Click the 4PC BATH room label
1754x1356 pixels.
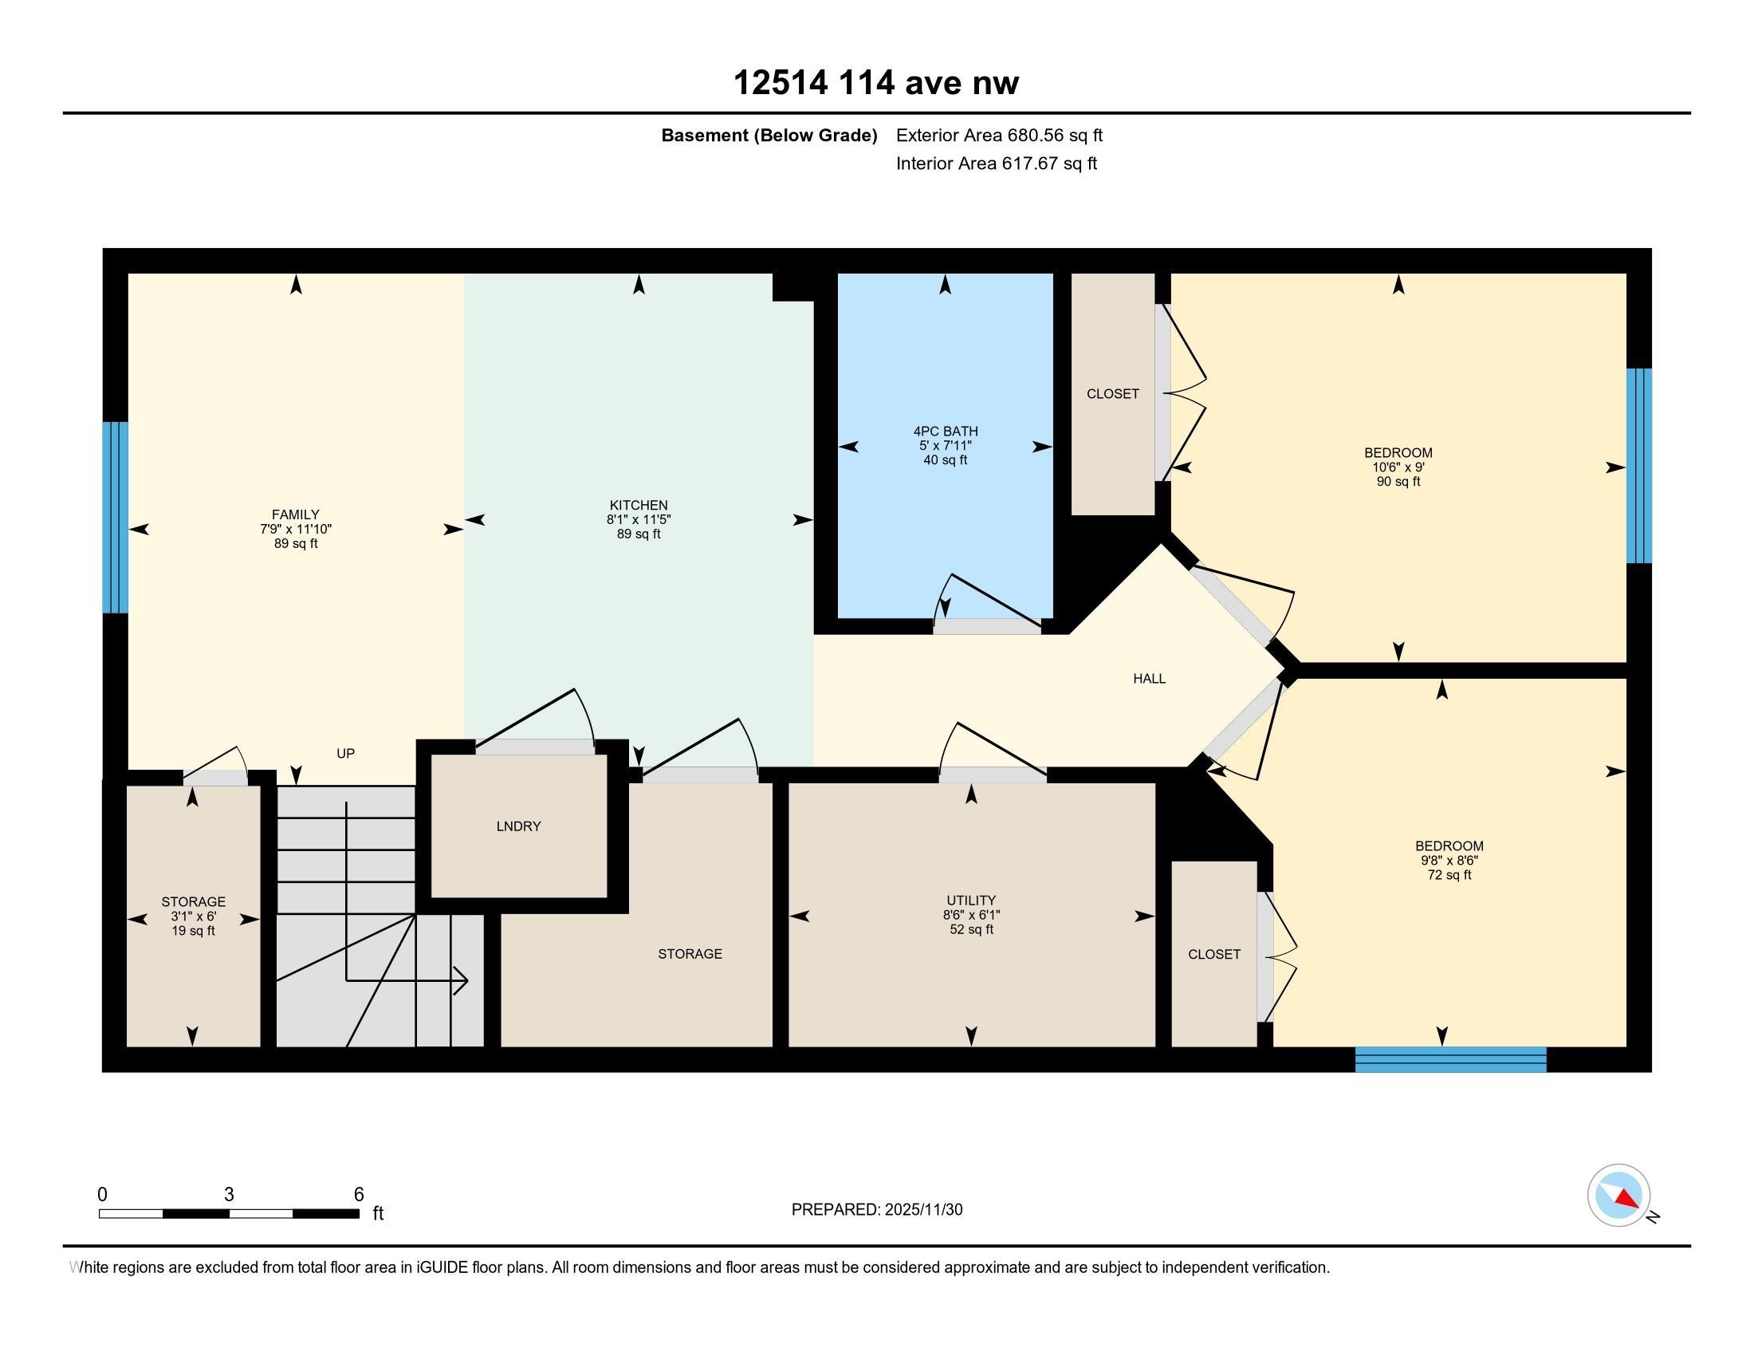point(945,432)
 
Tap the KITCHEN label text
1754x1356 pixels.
point(639,504)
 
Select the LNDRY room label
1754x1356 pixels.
point(518,826)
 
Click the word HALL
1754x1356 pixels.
point(1148,679)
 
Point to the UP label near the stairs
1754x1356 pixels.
point(345,754)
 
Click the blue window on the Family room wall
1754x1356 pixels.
point(116,518)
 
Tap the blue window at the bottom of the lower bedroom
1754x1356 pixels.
point(1449,1058)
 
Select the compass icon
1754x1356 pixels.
point(1618,1196)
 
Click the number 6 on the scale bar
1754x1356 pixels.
point(359,1195)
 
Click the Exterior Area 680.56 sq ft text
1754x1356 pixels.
point(999,136)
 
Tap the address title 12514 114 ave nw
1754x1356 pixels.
point(876,83)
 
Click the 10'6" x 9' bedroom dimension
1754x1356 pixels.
point(1398,467)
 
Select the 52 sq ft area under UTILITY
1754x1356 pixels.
point(971,929)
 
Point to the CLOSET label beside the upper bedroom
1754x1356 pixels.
point(1112,393)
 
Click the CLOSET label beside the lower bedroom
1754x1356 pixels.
point(1213,954)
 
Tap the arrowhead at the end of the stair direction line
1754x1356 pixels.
point(462,980)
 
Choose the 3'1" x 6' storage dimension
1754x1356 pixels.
point(193,916)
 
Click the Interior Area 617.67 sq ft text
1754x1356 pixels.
point(996,164)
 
